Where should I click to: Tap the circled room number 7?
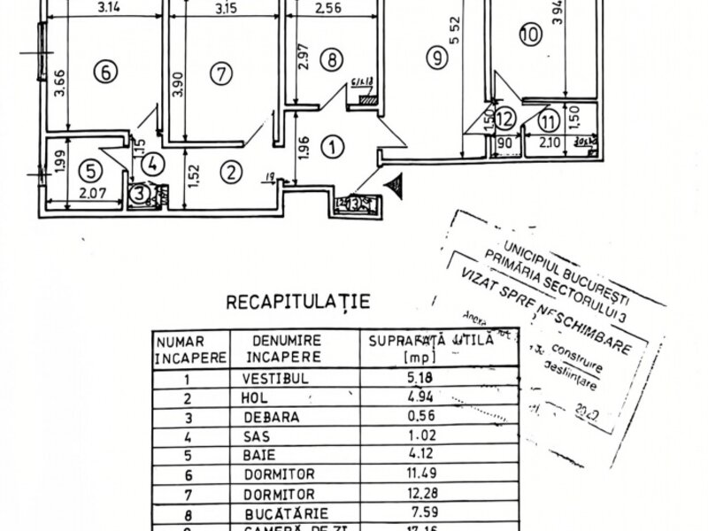coord(220,74)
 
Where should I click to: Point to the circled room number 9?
coord(434,59)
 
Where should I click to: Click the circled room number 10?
coord(529,35)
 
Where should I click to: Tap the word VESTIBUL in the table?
coord(271,378)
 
